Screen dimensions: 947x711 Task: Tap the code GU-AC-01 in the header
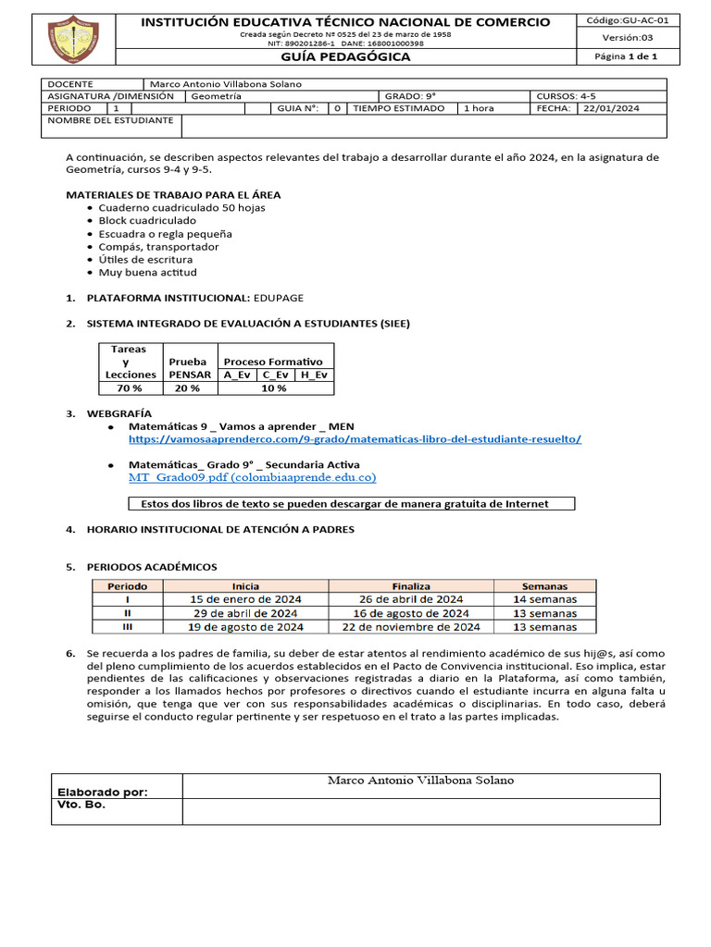click(x=621, y=19)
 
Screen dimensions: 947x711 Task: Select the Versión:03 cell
click(x=621, y=38)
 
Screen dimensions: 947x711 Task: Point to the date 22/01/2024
click(x=611, y=108)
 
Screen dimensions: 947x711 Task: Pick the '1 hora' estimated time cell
click(x=479, y=108)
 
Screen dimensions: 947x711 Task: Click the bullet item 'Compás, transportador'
click(x=159, y=247)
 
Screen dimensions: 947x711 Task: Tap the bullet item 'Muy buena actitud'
click(x=148, y=273)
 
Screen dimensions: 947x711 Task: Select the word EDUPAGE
click(x=279, y=298)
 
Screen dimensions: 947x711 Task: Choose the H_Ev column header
click(x=314, y=375)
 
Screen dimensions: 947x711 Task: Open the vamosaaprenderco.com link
click(x=355, y=438)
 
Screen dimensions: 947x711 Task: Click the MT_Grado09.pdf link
click(x=252, y=477)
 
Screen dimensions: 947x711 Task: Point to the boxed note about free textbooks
click(x=350, y=504)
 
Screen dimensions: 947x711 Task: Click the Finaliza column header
click(x=411, y=586)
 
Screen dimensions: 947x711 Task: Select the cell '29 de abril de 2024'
click(x=245, y=613)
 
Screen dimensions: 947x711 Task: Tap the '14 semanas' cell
click(x=544, y=599)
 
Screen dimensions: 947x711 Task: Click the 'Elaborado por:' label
click(x=102, y=792)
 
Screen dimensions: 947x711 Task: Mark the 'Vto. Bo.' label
click(x=81, y=805)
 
